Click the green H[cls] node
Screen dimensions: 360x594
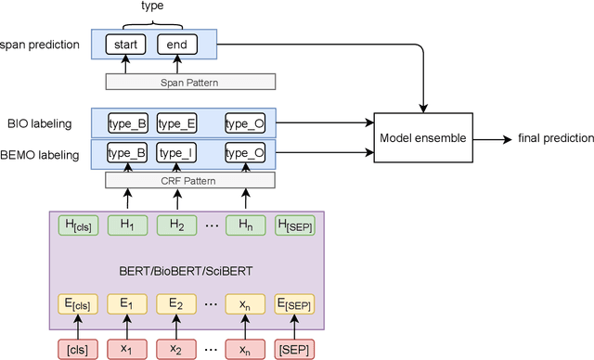click(77, 225)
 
